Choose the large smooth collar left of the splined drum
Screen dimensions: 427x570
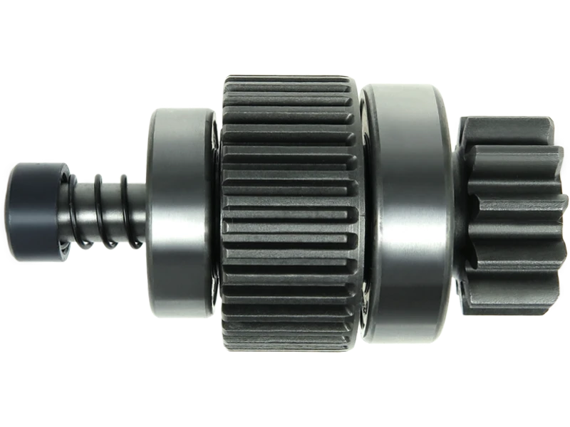point(178,211)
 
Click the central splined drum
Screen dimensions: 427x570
point(285,213)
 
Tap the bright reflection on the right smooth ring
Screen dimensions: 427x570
point(388,213)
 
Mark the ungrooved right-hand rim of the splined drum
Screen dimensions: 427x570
point(357,213)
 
